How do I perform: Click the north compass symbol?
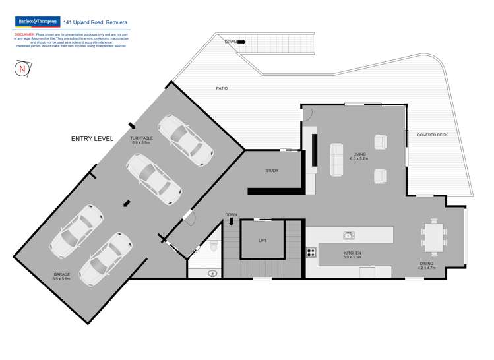coord(22,69)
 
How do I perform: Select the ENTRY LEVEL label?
coord(92,139)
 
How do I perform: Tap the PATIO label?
coord(222,88)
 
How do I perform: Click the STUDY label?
coord(272,171)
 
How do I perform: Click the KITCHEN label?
coord(352,253)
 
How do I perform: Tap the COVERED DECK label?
coord(432,135)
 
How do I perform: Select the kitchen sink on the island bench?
coord(349,235)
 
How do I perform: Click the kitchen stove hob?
coord(311,252)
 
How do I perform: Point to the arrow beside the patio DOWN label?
coord(241,42)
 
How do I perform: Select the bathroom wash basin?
coord(212,272)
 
